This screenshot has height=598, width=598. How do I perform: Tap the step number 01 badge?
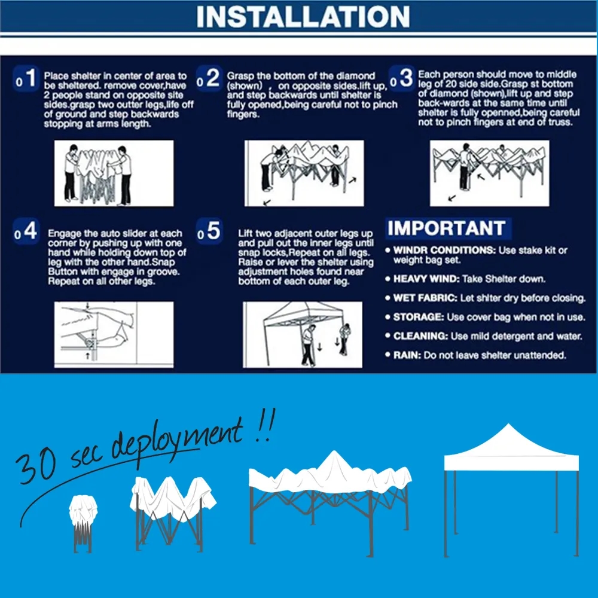(x=27, y=79)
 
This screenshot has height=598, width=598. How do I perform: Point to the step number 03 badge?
(x=402, y=79)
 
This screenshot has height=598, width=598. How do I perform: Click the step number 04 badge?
(x=27, y=232)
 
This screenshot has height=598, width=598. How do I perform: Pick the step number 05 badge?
(x=209, y=232)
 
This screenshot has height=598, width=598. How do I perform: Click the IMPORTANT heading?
(x=446, y=228)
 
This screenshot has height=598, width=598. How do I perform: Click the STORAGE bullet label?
(x=417, y=318)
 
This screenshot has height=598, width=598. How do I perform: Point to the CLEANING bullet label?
(x=420, y=337)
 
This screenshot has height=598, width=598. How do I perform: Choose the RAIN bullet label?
(x=406, y=356)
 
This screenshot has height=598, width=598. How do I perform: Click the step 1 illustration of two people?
(x=114, y=173)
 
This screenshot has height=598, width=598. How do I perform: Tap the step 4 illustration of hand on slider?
(x=114, y=335)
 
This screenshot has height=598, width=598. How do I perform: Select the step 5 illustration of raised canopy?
(x=303, y=335)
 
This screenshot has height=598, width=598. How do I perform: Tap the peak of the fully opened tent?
(x=509, y=426)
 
